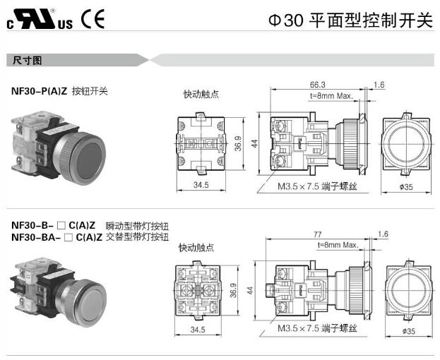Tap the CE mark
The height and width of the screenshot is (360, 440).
click(x=92, y=19)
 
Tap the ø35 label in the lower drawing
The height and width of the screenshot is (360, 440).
click(x=408, y=330)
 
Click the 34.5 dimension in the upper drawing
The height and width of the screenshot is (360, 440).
click(x=201, y=185)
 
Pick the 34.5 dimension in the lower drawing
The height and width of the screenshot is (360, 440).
click(x=200, y=329)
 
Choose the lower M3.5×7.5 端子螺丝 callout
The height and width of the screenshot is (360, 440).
click(x=317, y=329)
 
